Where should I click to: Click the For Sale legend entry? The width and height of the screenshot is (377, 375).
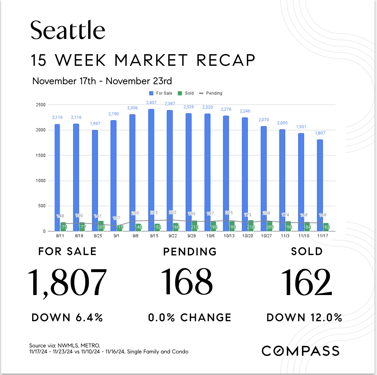(x=161, y=93)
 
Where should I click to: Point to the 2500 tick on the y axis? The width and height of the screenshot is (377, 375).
(x=40, y=105)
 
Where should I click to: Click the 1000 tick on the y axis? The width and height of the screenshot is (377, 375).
(x=40, y=181)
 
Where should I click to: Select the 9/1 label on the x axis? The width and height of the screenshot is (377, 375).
(x=116, y=236)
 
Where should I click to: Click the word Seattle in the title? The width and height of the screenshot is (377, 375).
(x=68, y=30)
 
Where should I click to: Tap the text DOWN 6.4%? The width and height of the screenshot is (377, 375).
(x=67, y=317)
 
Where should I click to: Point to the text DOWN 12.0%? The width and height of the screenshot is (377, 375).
(x=304, y=317)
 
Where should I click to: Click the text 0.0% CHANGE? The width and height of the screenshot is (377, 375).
(x=190, y=317)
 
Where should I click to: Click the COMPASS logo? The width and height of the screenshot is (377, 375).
(x=300, y=351)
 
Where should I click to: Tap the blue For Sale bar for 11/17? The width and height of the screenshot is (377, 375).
(x=320, y=184)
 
